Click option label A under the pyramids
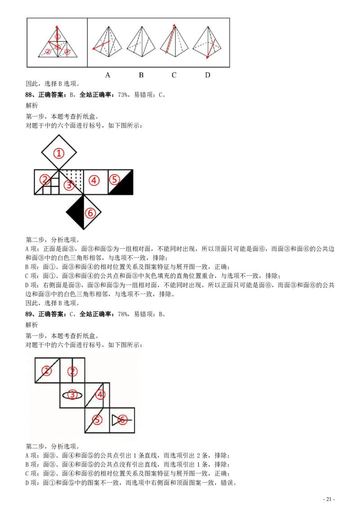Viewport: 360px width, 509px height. (x=108, y=75)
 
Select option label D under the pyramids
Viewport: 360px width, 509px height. (x=207, y=75)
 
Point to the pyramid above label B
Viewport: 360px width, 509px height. (x=141, y=41)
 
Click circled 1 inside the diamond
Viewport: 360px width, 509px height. (x=59, y=153)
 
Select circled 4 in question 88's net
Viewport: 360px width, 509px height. (x=94, y=180)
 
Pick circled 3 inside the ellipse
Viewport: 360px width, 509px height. (x=72, y=395)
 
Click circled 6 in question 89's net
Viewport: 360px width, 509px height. (x=122, y=420)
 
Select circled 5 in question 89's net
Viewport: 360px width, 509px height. (x=97, y=420)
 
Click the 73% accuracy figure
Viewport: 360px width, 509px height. (x=123, y=95)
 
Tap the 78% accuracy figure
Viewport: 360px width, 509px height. (x=123, y=314)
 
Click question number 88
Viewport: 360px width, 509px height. (x=29, y=95)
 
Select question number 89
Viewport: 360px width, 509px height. (x=29, y=314)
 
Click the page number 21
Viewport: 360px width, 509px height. (x=329, y=499)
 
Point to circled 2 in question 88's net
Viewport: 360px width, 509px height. (x=45, y=179)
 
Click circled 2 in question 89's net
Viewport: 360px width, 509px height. (x=72, y=371)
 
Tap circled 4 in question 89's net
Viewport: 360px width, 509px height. (x=100, y=395)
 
